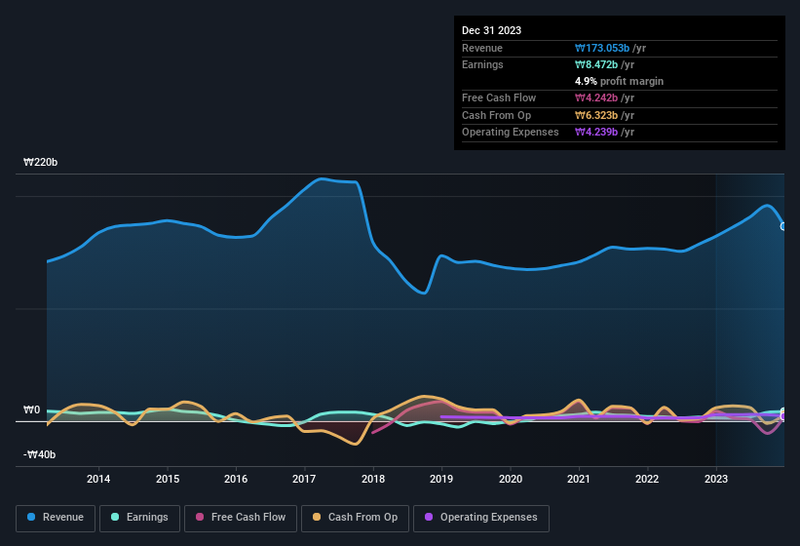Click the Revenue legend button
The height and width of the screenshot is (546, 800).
pos(56,517)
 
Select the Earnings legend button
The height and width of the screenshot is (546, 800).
pos(139,517)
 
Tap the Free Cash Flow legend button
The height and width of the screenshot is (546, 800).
pos(241,517)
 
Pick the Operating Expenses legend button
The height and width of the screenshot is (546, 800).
pos(481,517)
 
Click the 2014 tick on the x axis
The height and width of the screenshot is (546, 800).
pos(98,479)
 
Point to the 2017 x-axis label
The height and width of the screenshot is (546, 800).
pos(304,479)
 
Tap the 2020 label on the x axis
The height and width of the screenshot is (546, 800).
pos(510,479)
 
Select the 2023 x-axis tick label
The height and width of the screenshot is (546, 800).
pos(716,479)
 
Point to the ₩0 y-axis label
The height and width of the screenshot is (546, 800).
pos(32,409)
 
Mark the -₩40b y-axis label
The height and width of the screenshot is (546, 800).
pos(40,454)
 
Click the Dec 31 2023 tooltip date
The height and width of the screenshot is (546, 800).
pos(491,30)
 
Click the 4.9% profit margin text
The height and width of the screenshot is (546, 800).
pos(619,81)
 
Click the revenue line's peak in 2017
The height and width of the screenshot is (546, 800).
pos(320,178)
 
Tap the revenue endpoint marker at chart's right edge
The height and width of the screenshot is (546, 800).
pos(783,226)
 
